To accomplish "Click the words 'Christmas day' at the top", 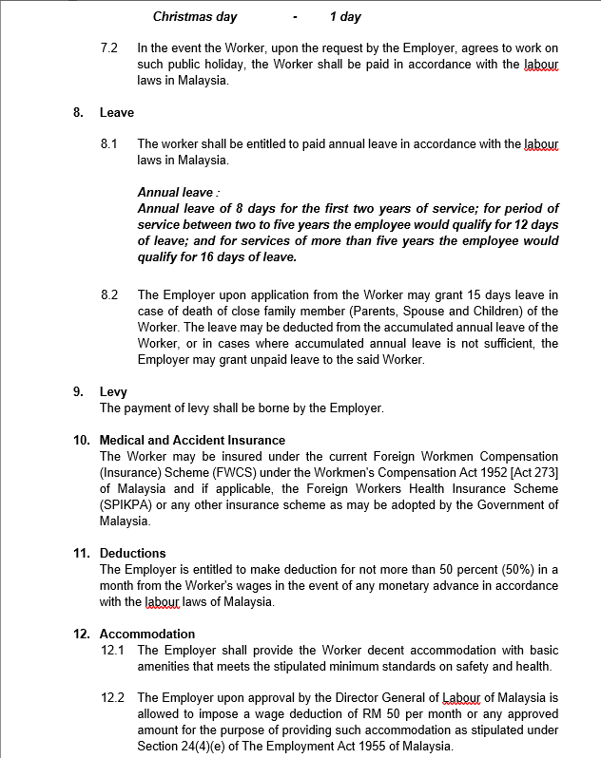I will point(195,16).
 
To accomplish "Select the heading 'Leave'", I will point(117,112).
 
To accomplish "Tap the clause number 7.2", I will point(108,47).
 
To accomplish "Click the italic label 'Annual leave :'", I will point(177,192).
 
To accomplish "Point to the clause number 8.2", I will point(108,295).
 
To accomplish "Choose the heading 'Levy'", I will point(113,391).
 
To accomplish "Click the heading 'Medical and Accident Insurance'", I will point(192,440).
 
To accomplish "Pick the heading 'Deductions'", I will point(132,553).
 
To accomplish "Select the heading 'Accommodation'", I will point(147,634).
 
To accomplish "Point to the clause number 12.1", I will point(112,650).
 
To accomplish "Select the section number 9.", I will point(77,391).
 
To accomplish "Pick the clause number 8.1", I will point(108,144).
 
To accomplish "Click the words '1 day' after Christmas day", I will point(345,16).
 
